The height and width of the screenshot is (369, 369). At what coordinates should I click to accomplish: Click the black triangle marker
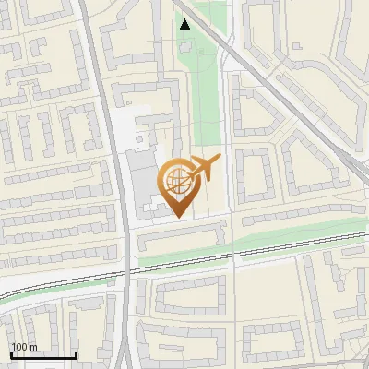(x=185, y=25)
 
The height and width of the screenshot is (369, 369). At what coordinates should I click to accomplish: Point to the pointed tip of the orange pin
(x=178, y=217)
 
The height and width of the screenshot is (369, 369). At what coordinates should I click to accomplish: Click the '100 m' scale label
(x=24, y=348)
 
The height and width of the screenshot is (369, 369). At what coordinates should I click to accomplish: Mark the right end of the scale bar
(x=76, y=356)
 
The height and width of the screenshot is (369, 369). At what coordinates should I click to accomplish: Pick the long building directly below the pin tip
(x=183, y=238)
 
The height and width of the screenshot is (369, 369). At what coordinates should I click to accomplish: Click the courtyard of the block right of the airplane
(x=253, y=175)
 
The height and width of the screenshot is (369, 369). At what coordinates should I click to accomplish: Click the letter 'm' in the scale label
(x=32, y=348)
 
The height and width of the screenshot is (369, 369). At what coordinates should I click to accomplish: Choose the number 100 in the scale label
(x=19, y=348)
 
